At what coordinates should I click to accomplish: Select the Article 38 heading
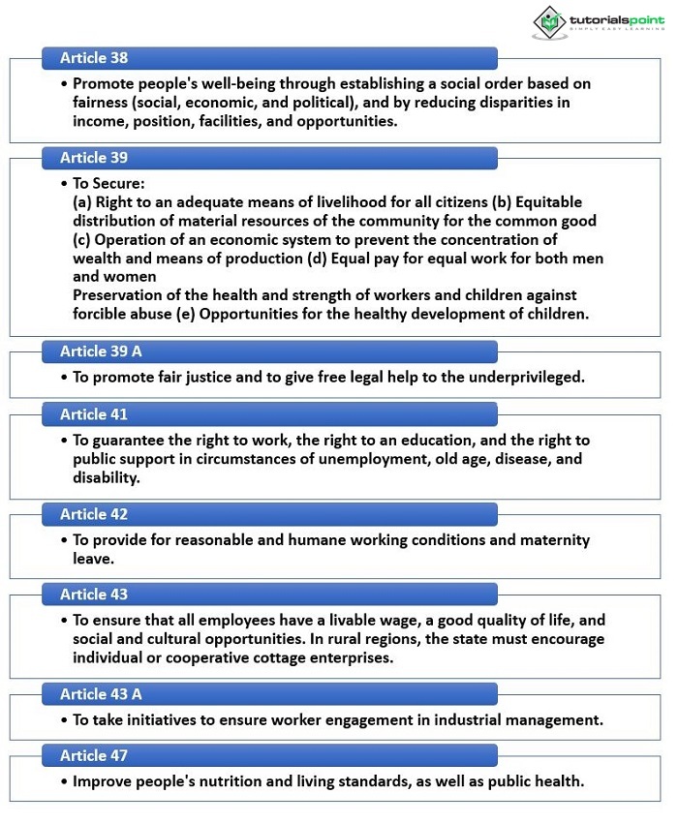(x=94, y=58)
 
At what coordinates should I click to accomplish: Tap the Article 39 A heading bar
(x=101, y=351)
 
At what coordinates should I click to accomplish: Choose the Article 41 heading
(x=94, y=414)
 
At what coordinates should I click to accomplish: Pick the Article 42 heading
(x=94, y=514)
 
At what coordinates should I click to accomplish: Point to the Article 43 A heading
(x=101, y=694)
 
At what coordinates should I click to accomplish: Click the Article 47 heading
(x=94, y=755)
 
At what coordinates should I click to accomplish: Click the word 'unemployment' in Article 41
(x=360, y=459)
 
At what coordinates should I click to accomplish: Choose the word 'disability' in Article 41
(x=105, y=477)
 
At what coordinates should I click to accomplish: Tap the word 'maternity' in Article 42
(x=557, y=539)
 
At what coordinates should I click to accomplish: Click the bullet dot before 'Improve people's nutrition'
(x=64, y=780)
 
